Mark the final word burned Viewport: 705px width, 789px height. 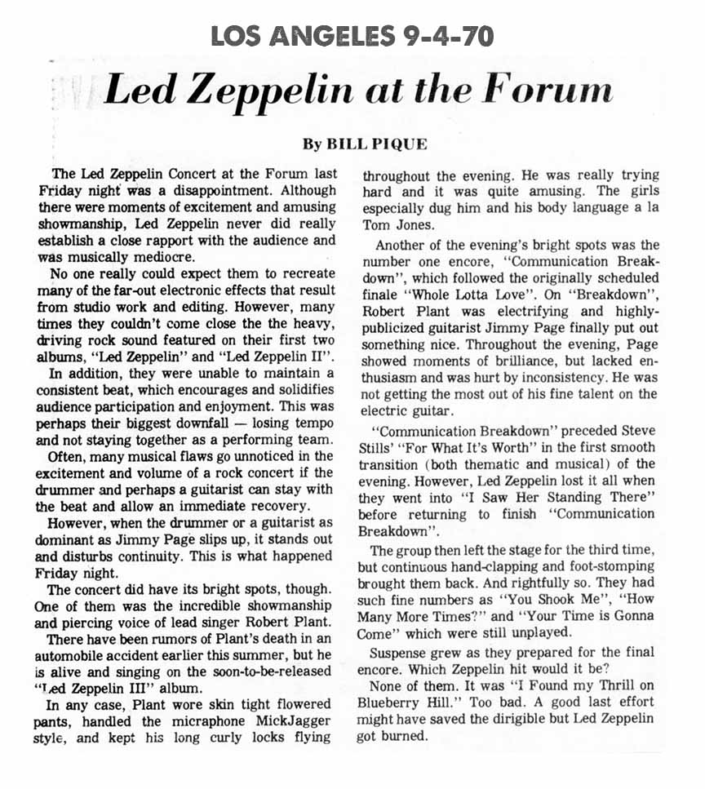click(x=406, y=736)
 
